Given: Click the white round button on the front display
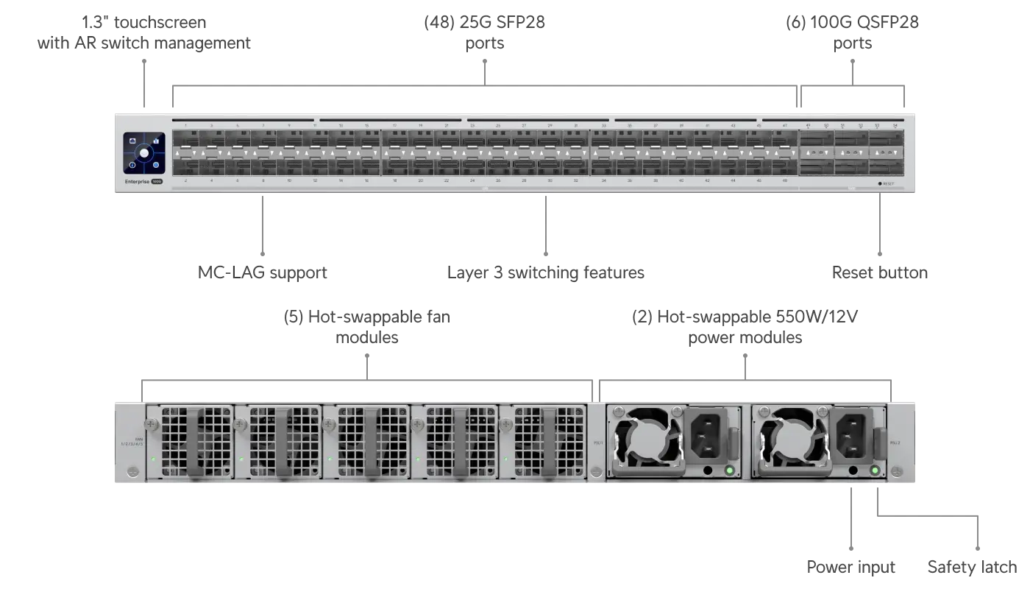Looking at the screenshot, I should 144,153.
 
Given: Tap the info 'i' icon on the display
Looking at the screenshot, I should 132,165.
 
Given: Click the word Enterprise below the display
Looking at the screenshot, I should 137,180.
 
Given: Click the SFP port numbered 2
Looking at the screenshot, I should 185,167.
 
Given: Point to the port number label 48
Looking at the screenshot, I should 785,180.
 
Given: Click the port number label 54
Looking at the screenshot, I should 895,126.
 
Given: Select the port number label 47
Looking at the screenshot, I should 785,126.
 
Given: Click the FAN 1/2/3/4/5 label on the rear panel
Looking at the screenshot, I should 133,442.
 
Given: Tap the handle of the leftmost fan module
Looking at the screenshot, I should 196,442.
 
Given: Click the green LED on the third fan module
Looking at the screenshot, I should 330,459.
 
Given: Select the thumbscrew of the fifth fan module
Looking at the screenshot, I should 506,425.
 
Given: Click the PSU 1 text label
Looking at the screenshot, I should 597,442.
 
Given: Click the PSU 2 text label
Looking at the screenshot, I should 895,442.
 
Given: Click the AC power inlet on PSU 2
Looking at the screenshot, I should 853,435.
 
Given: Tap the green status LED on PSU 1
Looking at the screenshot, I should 729,470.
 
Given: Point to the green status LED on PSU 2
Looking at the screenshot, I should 875,470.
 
